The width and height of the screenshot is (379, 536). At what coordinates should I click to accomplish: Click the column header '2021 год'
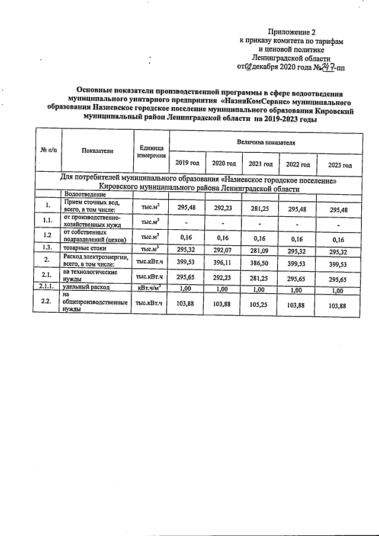pyautogui.click(x=261, y=163)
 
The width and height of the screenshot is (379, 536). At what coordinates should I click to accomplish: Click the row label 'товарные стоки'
pyautogui.click(x=85, y=249)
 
